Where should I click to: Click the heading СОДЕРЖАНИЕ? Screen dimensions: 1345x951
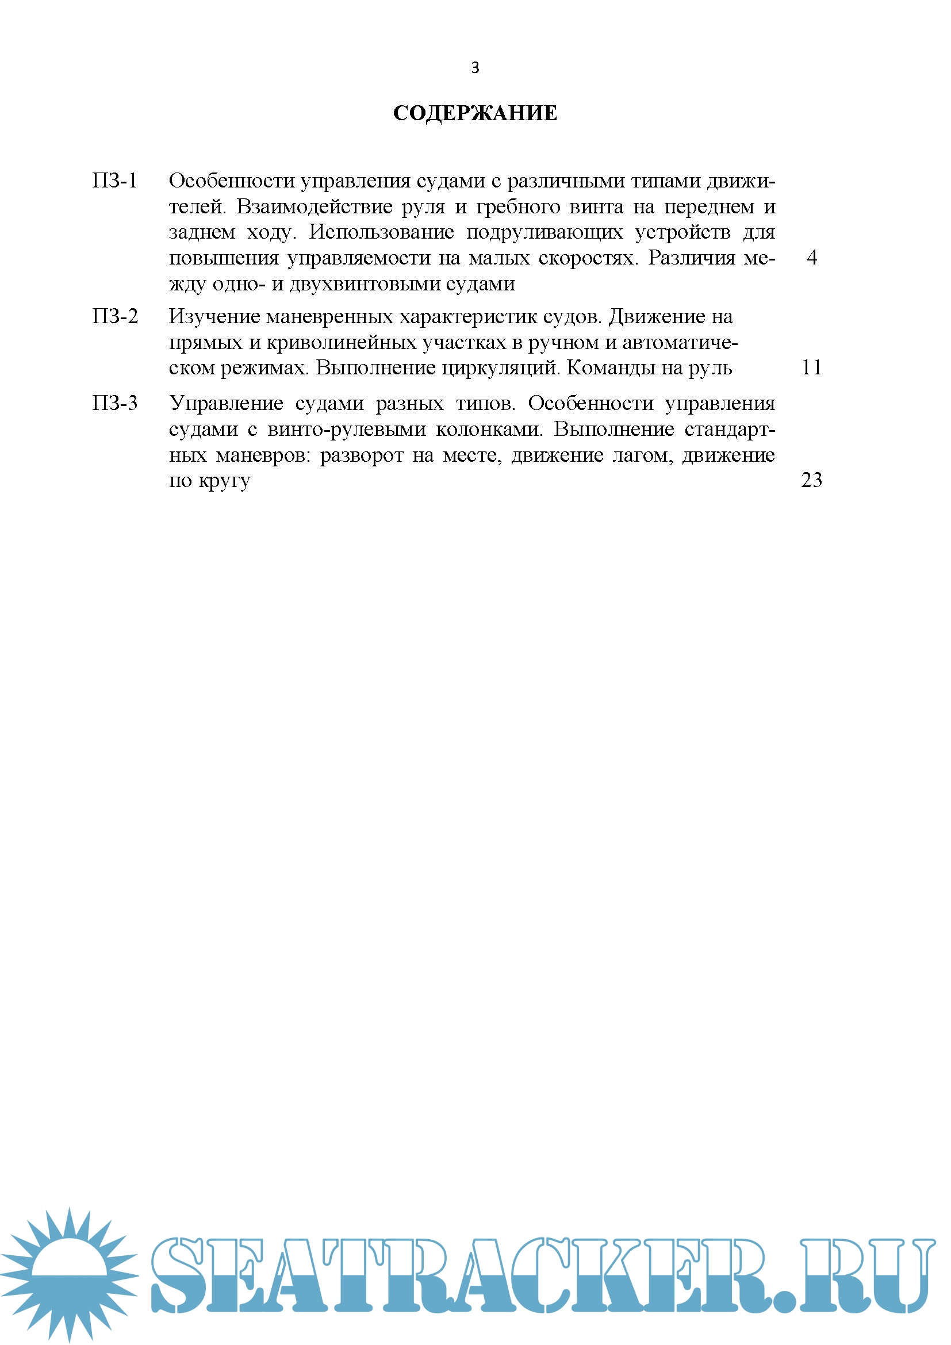point(475,113)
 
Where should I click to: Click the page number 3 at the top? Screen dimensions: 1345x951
point(475,68)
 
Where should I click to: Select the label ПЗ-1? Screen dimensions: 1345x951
point(115,181)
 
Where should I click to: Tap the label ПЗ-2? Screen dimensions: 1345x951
point(115,316)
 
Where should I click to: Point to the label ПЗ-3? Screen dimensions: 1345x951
point(115,403)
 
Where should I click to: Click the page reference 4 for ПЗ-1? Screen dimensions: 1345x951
point(812,257)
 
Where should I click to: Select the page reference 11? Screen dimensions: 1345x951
point(812,367)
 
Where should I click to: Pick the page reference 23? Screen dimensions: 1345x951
point(812,480)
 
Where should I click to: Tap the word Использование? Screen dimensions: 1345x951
point(381,232)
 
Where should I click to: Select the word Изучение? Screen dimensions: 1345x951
point(214,317)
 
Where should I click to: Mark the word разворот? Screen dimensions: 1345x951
point(361,455)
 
